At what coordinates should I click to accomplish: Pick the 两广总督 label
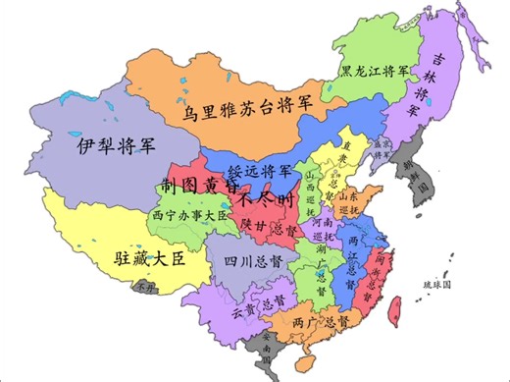tap(320, 321)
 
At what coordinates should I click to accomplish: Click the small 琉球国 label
tap(434, 284)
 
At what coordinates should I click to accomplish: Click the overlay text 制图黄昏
tap(199, 186)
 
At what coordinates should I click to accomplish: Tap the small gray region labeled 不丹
tap(146, 287)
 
